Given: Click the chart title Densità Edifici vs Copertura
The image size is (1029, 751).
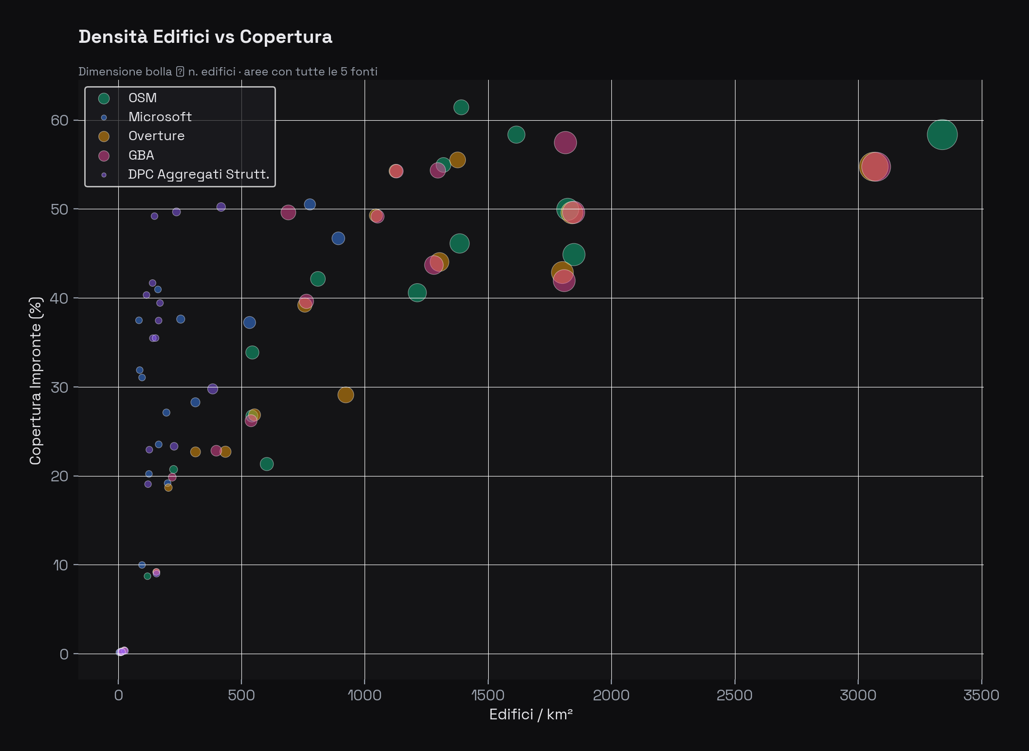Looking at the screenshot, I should coord(205,37).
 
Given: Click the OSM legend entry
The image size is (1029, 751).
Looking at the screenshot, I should coord(142,98).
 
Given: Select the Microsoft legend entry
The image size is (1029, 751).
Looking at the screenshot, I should coord(160,117).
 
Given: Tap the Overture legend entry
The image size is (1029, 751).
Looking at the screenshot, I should coord(156,136).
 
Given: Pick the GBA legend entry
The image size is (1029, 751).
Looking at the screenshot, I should coord(141,155).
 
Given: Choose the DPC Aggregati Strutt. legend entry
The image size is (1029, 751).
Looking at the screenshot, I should coord(198,174).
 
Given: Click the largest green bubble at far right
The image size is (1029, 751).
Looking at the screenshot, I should coord(942,135).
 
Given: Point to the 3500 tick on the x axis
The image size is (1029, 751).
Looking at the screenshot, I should coord(981,695).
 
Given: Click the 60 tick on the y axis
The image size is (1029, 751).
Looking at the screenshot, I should coord(59,120).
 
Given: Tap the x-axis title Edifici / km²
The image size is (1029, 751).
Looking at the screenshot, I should coord(531,714).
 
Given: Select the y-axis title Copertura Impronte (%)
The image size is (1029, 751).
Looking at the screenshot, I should coord(36,381).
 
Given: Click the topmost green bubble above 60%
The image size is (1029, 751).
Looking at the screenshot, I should coord(461,107).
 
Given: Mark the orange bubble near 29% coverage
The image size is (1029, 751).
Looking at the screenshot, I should coord(345,395).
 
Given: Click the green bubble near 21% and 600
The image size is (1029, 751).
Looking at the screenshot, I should coord(266,464).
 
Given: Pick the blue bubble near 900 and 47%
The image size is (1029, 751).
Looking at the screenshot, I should coord(338,238).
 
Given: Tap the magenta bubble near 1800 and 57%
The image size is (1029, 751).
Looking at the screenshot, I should coord(565,143).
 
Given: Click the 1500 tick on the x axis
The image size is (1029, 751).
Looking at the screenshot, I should coord(488,695).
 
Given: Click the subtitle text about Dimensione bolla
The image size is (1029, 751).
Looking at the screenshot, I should coord(228,72).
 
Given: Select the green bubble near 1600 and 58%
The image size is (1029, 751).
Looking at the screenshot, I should coord(516,135).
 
